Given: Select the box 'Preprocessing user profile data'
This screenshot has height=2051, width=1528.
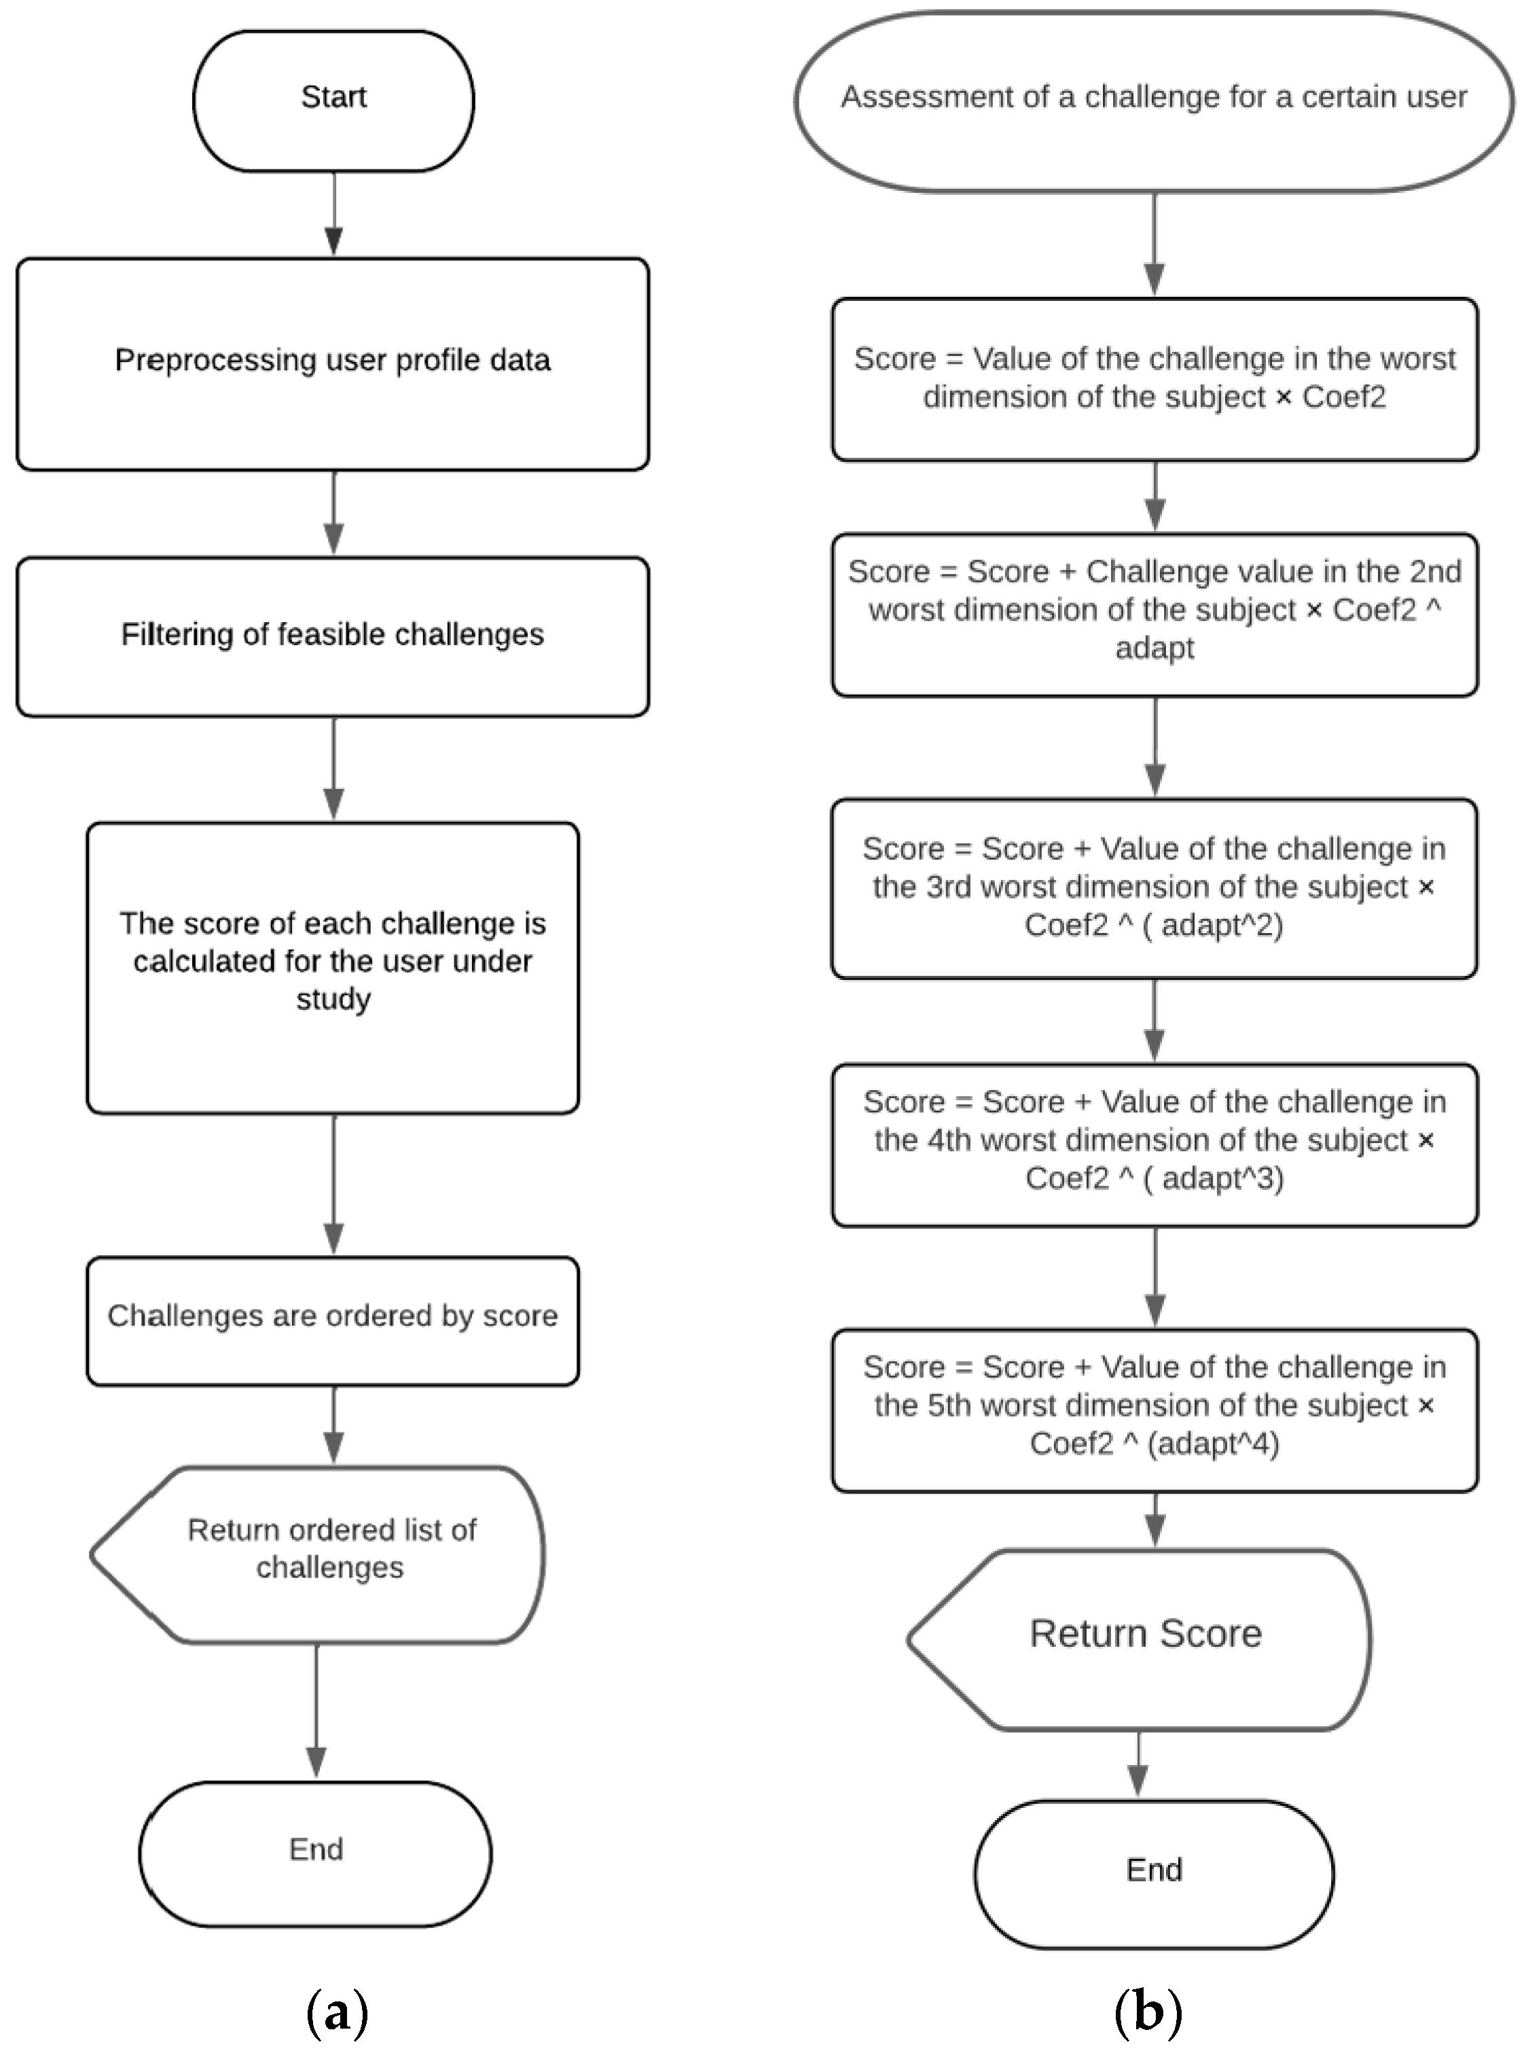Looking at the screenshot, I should pos(333,363).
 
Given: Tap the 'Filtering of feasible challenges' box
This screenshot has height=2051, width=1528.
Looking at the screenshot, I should pos(333,636).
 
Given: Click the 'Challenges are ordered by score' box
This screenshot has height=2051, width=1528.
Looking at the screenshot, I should pos(333,1320).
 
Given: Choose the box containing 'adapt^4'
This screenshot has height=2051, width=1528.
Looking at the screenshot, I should pos(1154,1409).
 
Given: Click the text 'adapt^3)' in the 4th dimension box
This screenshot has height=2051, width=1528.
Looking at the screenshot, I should pos(1223,1179).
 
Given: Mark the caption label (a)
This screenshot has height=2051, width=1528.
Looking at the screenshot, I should pos(337,2012).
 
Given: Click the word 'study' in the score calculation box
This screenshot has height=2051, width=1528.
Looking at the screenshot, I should pos(333,1000).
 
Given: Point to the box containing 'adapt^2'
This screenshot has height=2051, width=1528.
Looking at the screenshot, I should pos(1154,888).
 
